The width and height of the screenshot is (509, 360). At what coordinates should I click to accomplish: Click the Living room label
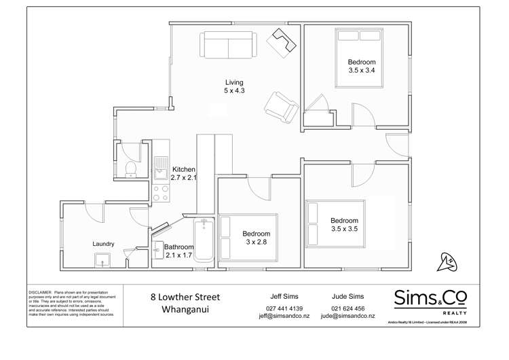click(234, 83)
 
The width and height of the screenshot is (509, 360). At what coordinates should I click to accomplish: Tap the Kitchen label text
click(183, 169)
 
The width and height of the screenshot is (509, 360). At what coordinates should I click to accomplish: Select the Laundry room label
click(103, 244)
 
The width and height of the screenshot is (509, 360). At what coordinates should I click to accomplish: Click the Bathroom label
click(180, 247)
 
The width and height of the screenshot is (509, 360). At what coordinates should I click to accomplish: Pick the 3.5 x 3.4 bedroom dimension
click(362, 70)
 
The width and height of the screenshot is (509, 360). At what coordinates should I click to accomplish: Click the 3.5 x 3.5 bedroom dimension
click(344, 229)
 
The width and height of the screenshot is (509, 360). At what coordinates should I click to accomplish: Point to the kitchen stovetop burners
click(160, 194)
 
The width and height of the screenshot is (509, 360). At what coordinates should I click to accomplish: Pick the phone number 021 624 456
click(348, 308)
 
